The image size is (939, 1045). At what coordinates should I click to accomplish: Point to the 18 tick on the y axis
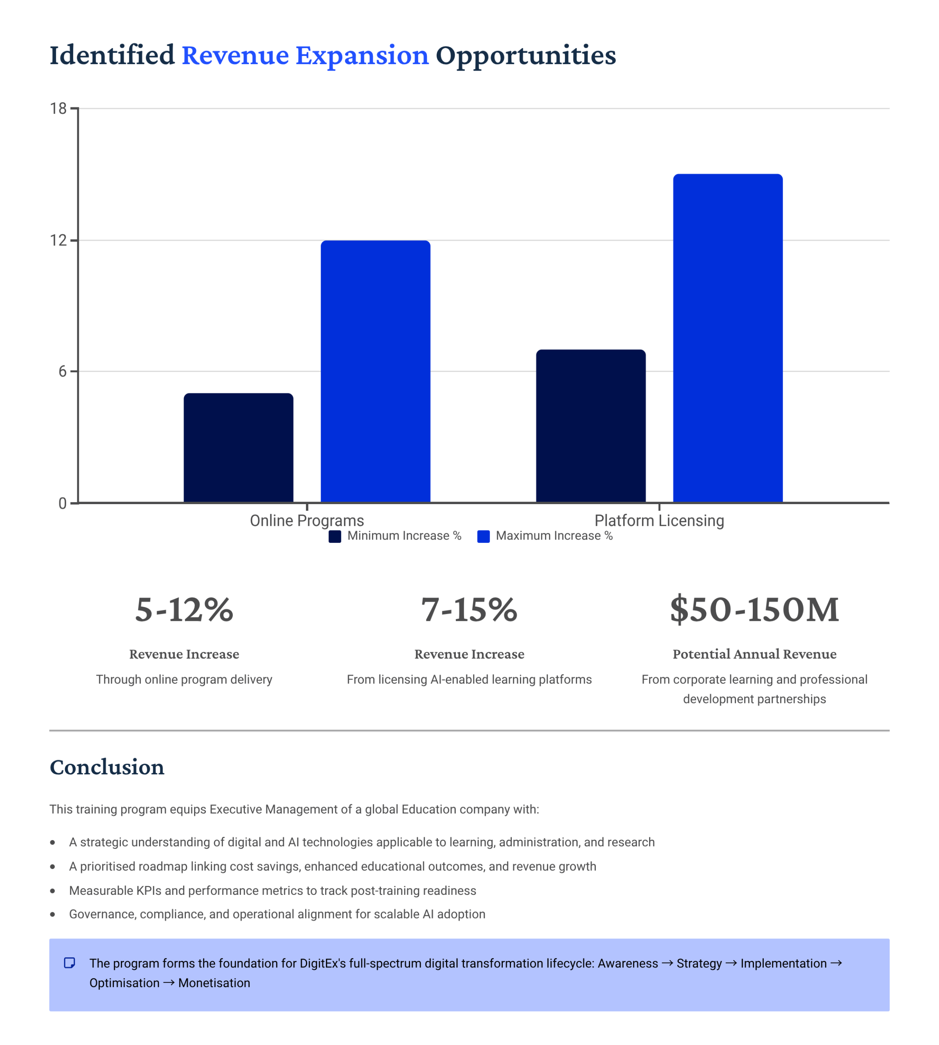click(58, 108)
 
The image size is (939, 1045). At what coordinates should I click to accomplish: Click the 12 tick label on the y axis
click(58, 240)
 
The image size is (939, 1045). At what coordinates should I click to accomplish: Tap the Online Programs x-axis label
click(307, 521)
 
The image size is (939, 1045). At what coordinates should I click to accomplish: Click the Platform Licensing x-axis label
click(659, 521)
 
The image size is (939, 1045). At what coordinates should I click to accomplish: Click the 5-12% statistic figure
click(184, 609)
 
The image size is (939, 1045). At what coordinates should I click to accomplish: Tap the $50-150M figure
click(754, 609)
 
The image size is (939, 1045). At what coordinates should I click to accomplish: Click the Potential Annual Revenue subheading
click(754, 654)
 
